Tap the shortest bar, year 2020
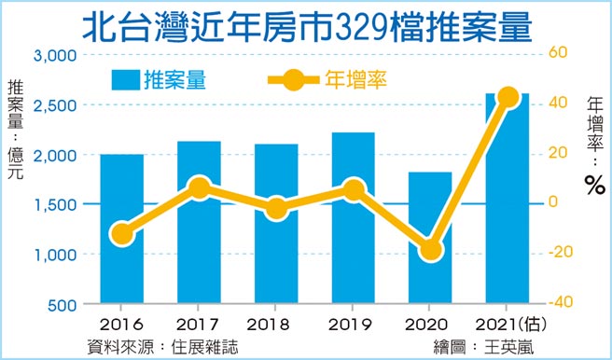429,280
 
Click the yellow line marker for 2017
199,189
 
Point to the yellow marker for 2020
429,249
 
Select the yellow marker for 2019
353,191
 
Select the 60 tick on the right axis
557,52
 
